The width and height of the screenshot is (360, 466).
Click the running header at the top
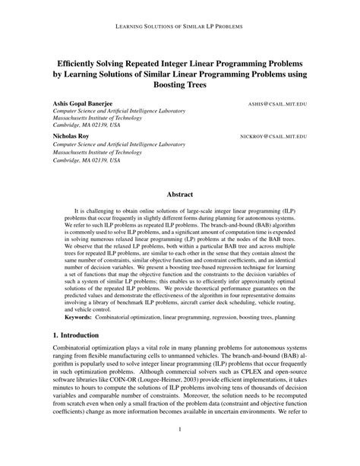click(180, 25)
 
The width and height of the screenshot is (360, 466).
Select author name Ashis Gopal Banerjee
click(86, 102)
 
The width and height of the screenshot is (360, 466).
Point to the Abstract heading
click(180, 195)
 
